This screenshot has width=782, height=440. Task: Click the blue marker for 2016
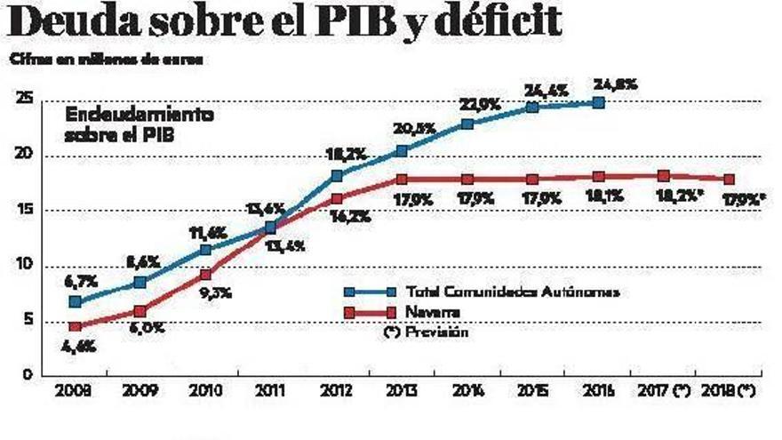click(x=599, y=102)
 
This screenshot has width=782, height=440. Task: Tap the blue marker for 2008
click(x=76, y=302)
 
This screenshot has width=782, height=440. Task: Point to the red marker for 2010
click(x=206, y=276)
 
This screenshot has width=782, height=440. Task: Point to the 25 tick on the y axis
click(x=24, y=100)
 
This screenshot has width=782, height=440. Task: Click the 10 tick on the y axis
click(x=24, y=265)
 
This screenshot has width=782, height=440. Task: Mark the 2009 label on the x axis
click(x=140, y=392)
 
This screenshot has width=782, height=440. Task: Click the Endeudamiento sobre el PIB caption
click(x=138, y=125)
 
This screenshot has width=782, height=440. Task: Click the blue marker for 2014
click(x=467, y=124)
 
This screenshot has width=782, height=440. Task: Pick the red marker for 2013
click(x=402, y=180)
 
